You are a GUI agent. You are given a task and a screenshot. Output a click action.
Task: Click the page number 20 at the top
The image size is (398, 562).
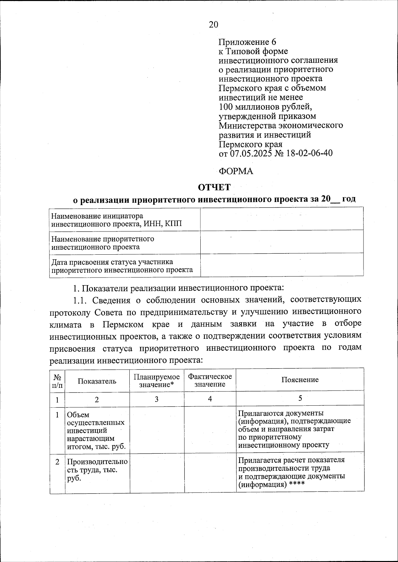pos(214,25)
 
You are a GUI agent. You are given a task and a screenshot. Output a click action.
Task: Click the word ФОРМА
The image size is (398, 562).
pos(236,171)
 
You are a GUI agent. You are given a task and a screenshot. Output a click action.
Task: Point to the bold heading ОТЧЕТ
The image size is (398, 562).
pos(214,187)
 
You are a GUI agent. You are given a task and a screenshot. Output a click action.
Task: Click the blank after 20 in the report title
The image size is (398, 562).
pos(335,199)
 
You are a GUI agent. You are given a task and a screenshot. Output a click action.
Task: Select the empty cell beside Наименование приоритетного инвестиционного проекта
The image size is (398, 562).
pos(282,242)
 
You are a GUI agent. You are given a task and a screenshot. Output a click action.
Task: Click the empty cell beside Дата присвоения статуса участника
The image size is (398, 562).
pos(282,266)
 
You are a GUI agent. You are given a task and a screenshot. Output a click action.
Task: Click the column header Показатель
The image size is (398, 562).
pos(97,381)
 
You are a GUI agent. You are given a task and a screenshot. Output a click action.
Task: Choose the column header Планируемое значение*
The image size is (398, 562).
pos(157,381)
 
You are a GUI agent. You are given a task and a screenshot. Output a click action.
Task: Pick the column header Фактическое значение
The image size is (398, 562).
pos(210,381)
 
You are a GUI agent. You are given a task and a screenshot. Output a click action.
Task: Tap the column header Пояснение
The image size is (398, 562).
pos(300,380)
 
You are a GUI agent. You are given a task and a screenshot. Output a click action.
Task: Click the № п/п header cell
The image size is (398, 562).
pos(57,381)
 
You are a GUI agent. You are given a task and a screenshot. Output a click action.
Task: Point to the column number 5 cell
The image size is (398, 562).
pos(300,398)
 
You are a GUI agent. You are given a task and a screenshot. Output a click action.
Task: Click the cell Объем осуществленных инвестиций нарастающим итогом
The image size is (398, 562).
pos(97,431)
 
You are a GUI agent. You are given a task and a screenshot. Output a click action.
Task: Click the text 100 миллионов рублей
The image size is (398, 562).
pos(265,107)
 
